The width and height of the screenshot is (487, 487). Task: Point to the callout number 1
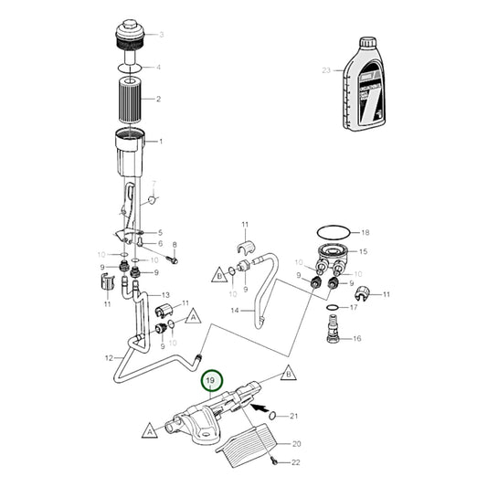tap(161, 142)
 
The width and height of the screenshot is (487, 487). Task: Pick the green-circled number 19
tap(211, 381)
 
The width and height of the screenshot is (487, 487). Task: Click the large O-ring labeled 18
tap(332, 233)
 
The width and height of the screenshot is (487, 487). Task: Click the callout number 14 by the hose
tap(234, 312)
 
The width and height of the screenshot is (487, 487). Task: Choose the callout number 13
tap(166, 295)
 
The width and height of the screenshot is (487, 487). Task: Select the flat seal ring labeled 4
tap(131, 68)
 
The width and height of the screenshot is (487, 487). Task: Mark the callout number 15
tap(363, 251)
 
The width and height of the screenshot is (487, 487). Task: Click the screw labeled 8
tap(173, 259)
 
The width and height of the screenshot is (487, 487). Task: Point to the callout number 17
tap(355, 308)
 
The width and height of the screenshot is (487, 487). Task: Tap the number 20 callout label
tap(295, 443)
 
